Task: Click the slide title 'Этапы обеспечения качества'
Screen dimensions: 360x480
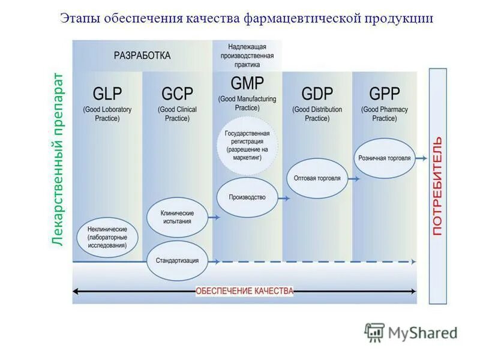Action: point(247,17)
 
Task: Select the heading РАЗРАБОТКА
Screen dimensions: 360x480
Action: point(142,55)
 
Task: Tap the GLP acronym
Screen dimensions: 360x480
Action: point(107,94)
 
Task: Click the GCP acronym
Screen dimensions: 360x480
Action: point(177,94)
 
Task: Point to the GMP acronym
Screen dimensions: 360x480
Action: point(247,83)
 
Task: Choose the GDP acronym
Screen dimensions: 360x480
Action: point(317,94)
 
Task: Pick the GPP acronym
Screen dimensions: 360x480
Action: point(384,94)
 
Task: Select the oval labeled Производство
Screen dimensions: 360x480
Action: point(247,197)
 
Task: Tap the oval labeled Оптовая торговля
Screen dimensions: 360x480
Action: point(317,178)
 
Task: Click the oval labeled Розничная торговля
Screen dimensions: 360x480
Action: point(384,158)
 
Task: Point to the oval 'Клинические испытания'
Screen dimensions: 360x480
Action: point(177,217)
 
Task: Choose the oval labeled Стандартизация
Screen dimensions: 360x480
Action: point(177,261)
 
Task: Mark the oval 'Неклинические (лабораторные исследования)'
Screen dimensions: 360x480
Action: point(107,237)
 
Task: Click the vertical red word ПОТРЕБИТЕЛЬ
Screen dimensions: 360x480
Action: point(437,186)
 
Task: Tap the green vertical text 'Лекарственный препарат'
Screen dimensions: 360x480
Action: point(58,159)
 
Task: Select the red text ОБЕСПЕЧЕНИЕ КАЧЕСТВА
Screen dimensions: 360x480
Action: point(245,291)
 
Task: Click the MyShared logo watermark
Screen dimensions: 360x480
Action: point(412,332)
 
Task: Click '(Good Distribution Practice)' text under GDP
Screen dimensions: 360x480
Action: point(317,114)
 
